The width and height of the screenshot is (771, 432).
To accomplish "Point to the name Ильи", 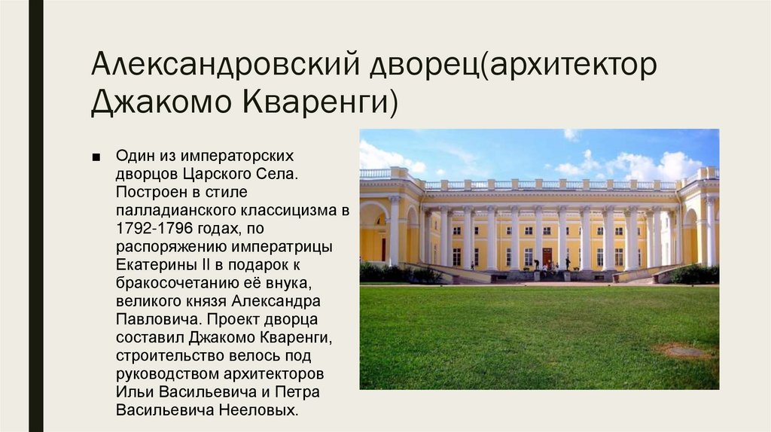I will pyautogui.click(x=133, y=391).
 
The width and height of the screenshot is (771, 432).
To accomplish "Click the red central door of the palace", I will pyautogui.click(x=547, y=256).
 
